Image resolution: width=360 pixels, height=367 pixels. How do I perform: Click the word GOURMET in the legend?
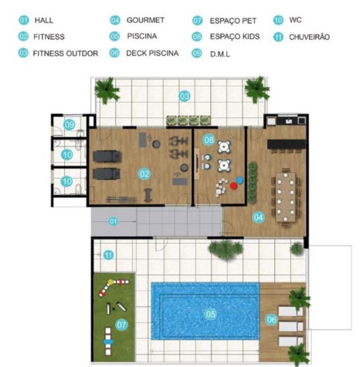click(x=146, y=20)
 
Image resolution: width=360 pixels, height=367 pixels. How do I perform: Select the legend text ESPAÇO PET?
click(x=233, y=21)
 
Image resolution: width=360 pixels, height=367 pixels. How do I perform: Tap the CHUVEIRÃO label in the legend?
click(x=309, y=37)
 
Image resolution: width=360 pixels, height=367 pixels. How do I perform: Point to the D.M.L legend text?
click(x=220, y=54)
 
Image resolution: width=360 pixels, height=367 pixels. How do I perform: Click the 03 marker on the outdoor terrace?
click(x=184, y=96)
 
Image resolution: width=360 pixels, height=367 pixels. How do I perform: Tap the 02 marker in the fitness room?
click(x=144, y=174)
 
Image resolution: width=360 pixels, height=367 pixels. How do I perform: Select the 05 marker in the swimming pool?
click(x=211, y=314)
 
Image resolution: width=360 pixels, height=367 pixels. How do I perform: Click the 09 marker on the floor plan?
click(x=69, y=125)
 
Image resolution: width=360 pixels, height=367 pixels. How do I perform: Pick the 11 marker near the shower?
click(x=108, y=255)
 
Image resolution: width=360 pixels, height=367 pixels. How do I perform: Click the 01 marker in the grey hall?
click(x=114, y=221)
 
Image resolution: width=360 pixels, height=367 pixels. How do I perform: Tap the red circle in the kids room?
click(x=233, y=186)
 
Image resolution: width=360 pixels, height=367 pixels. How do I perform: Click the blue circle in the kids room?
click(x=240, y=180)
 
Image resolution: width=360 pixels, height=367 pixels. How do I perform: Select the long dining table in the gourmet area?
click(x=286, y=197)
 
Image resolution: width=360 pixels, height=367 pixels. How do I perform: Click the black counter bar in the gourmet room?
click(x=286, y=144)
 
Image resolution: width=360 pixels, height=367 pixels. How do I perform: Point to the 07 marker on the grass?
click(x=121, y=324)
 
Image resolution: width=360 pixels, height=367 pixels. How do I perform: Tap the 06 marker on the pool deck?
click(x=271, y=320)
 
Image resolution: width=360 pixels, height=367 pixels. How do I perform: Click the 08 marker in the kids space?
click(x=209, y=140)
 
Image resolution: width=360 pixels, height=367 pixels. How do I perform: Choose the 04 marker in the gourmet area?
click(x=258, y=217)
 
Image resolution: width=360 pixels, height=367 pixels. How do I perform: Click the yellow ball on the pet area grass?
click(x=110, y=282)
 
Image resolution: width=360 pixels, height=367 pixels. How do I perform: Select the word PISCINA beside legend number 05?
click(x=142, y=36)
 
